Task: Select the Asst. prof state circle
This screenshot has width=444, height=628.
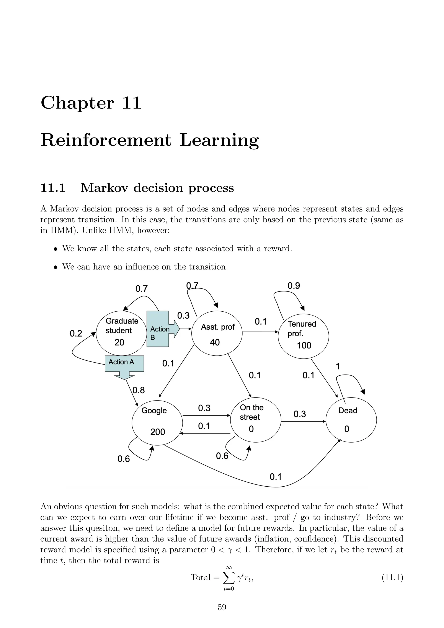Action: click(217, 333)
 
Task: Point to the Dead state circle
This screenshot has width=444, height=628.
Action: click(351, 420)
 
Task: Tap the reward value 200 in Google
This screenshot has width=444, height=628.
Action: click(158, 432)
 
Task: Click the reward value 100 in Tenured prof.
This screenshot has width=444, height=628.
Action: click(304, 345)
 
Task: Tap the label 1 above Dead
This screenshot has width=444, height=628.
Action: click(338, 366)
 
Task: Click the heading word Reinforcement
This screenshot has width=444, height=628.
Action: click(106, 140)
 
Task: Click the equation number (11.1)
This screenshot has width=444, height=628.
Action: click(392, 577)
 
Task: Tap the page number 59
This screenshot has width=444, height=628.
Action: click(222, 607)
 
